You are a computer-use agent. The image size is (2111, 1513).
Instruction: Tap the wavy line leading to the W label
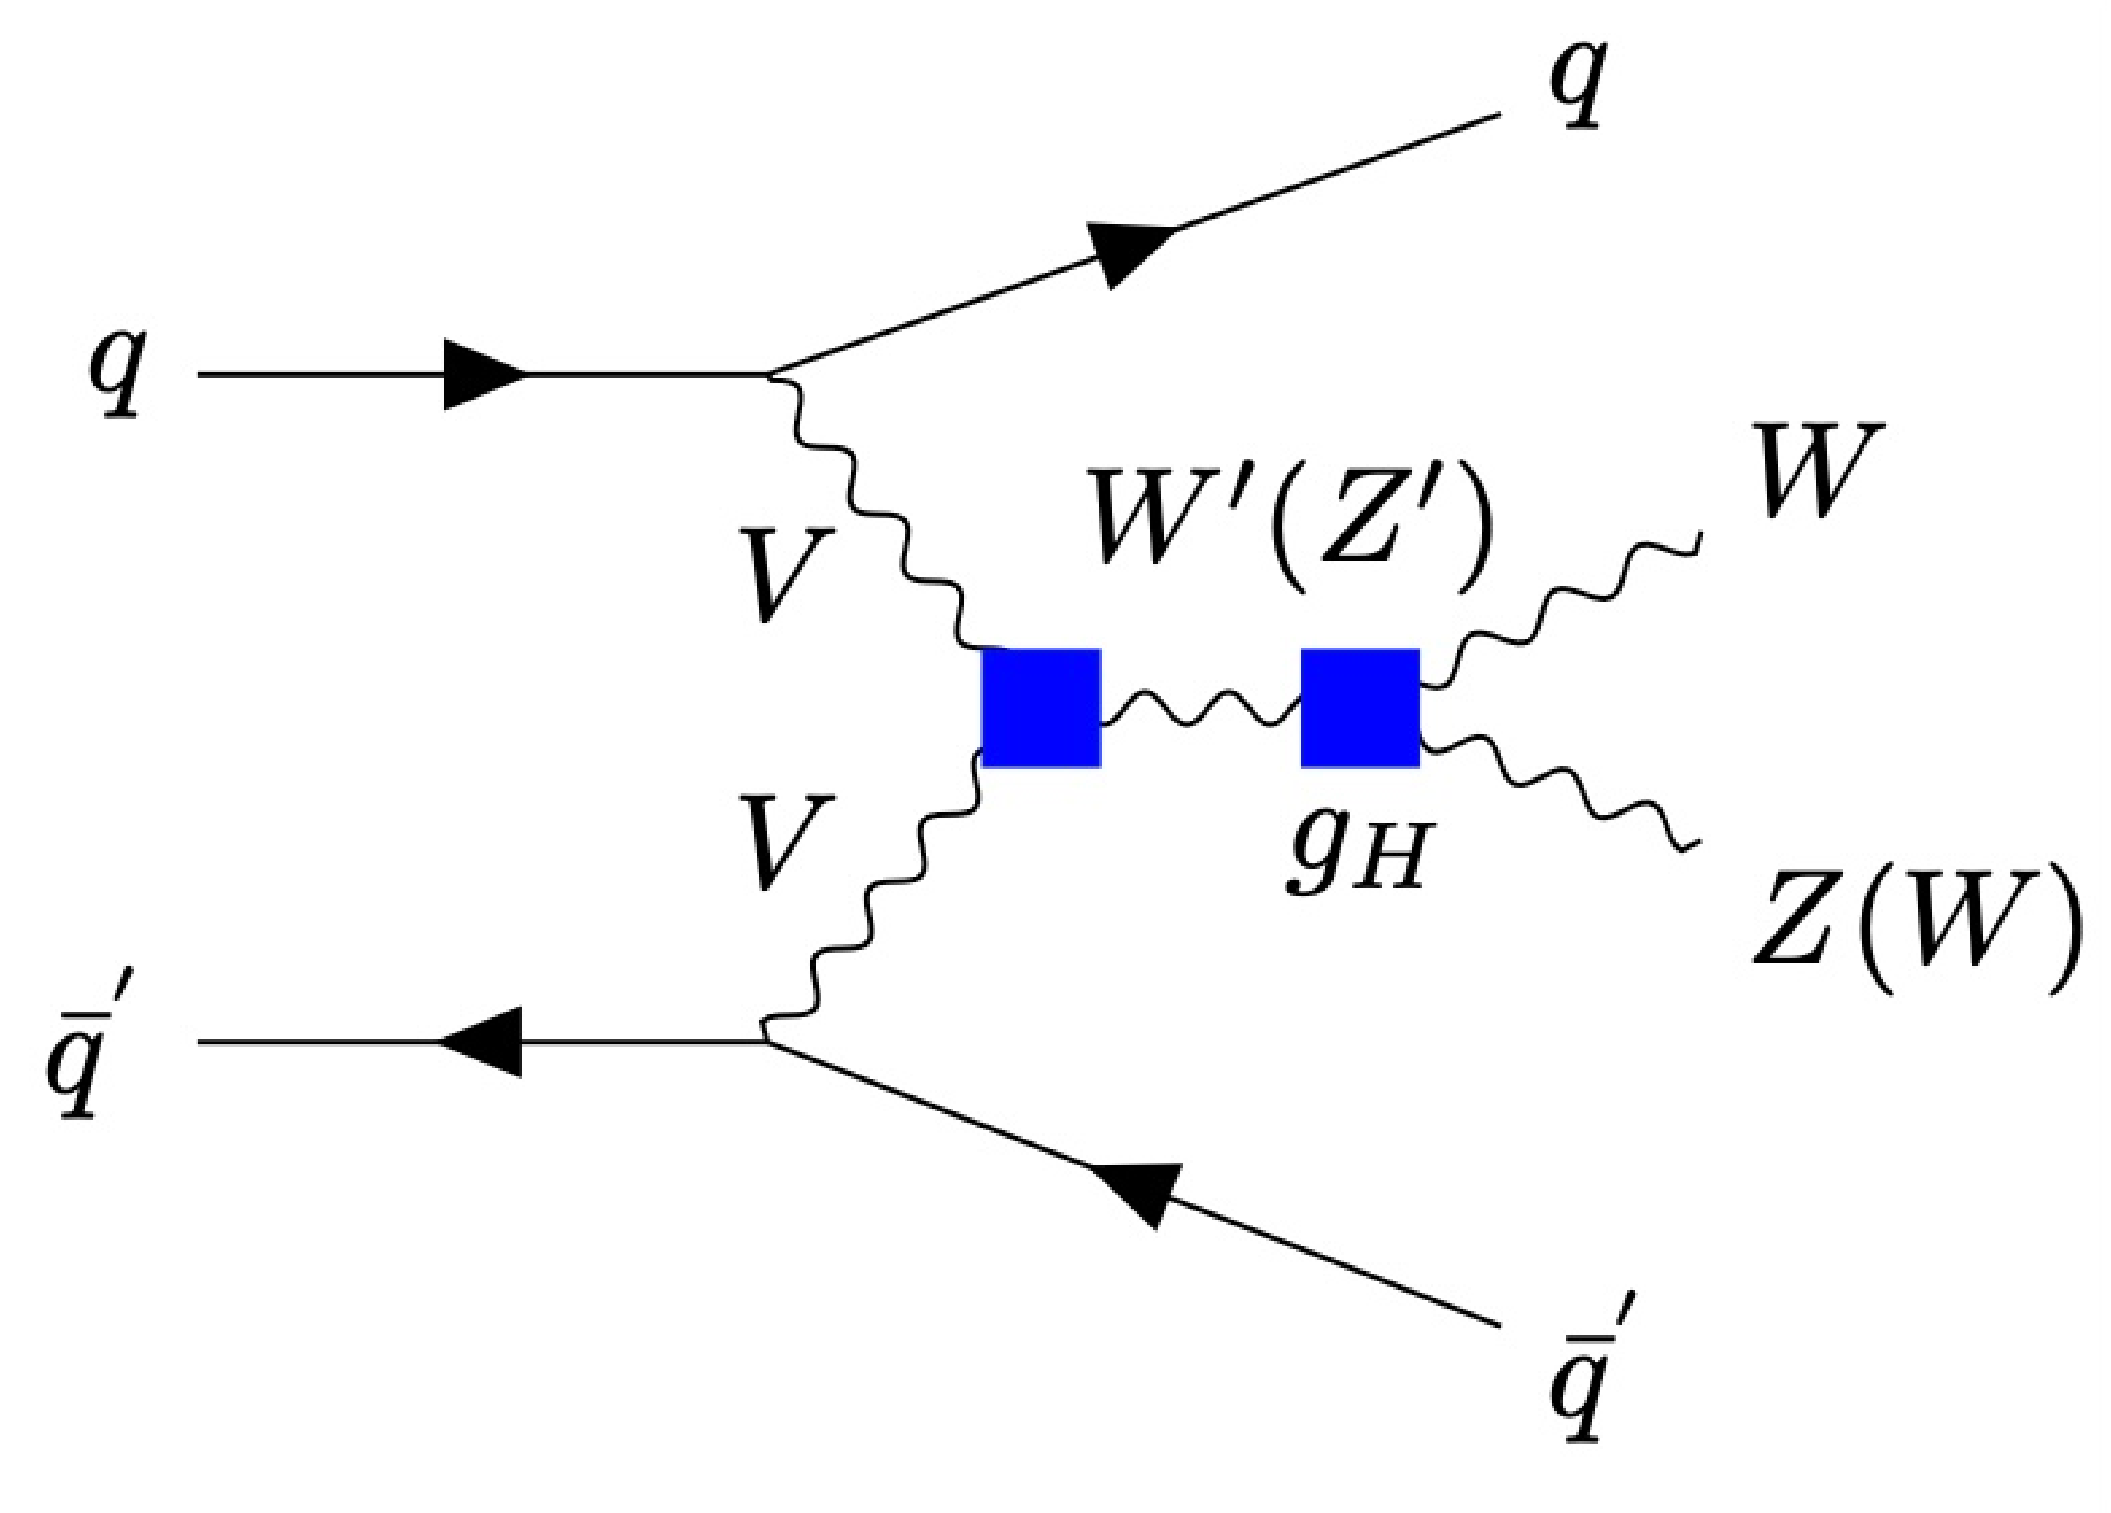coord(1564,605)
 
